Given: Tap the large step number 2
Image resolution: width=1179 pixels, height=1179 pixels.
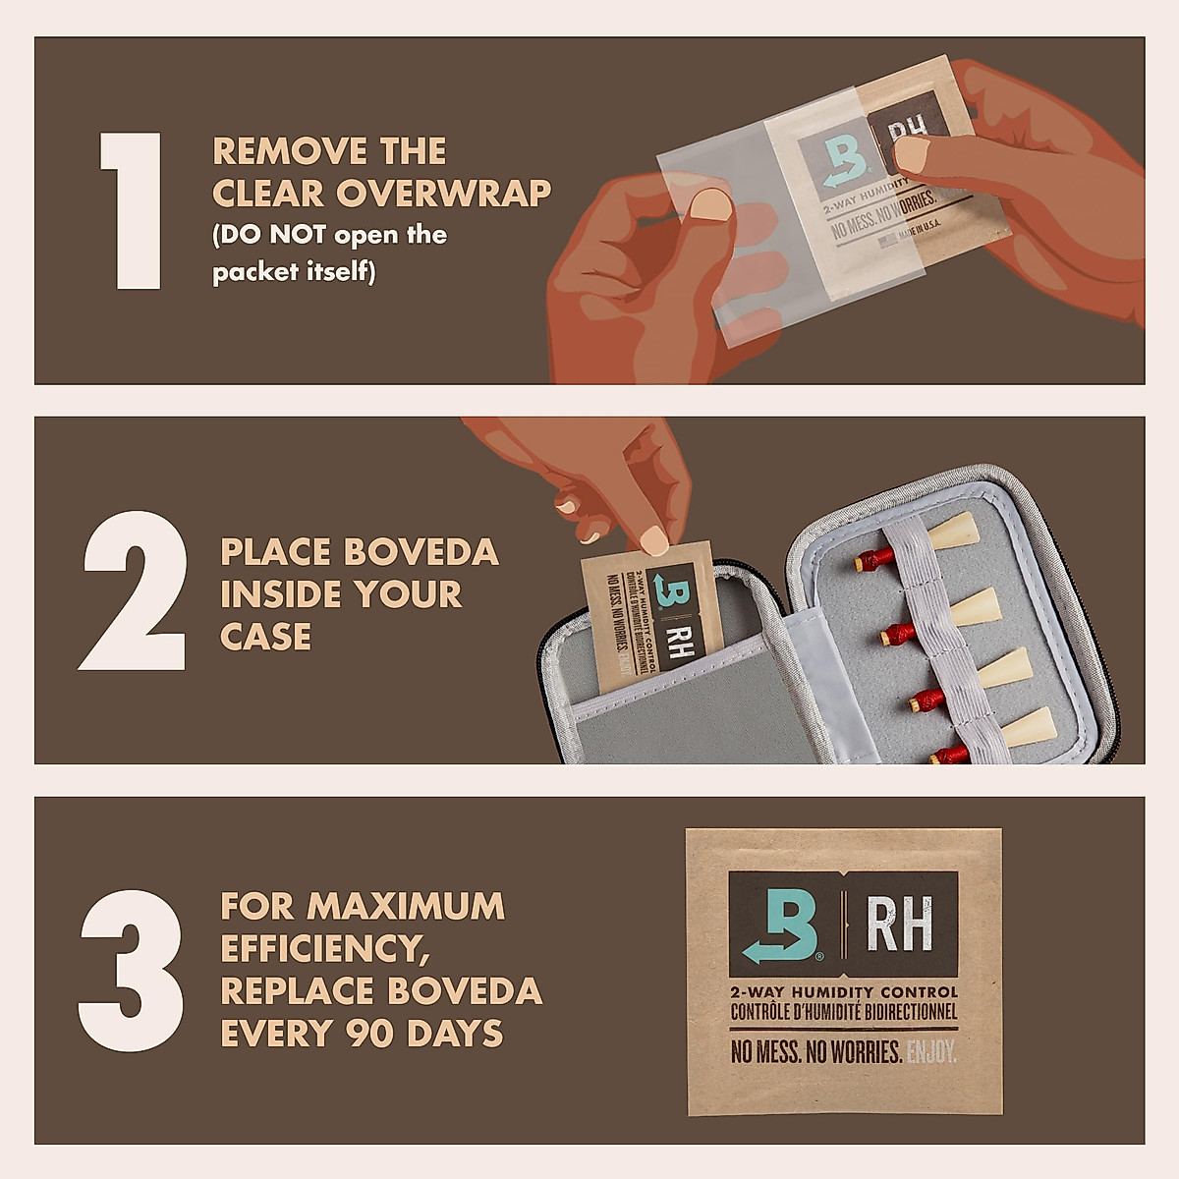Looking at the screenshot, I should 133,591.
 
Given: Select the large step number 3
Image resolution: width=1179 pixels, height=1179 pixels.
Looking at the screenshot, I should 131,971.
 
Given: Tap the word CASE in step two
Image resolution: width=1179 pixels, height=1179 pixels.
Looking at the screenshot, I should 265,637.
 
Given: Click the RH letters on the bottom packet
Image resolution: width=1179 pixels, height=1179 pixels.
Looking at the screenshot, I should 899,925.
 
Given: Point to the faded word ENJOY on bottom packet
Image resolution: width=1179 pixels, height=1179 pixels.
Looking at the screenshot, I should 931,1053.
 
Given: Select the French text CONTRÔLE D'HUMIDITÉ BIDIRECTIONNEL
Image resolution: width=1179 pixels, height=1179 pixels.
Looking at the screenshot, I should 843,1011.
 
